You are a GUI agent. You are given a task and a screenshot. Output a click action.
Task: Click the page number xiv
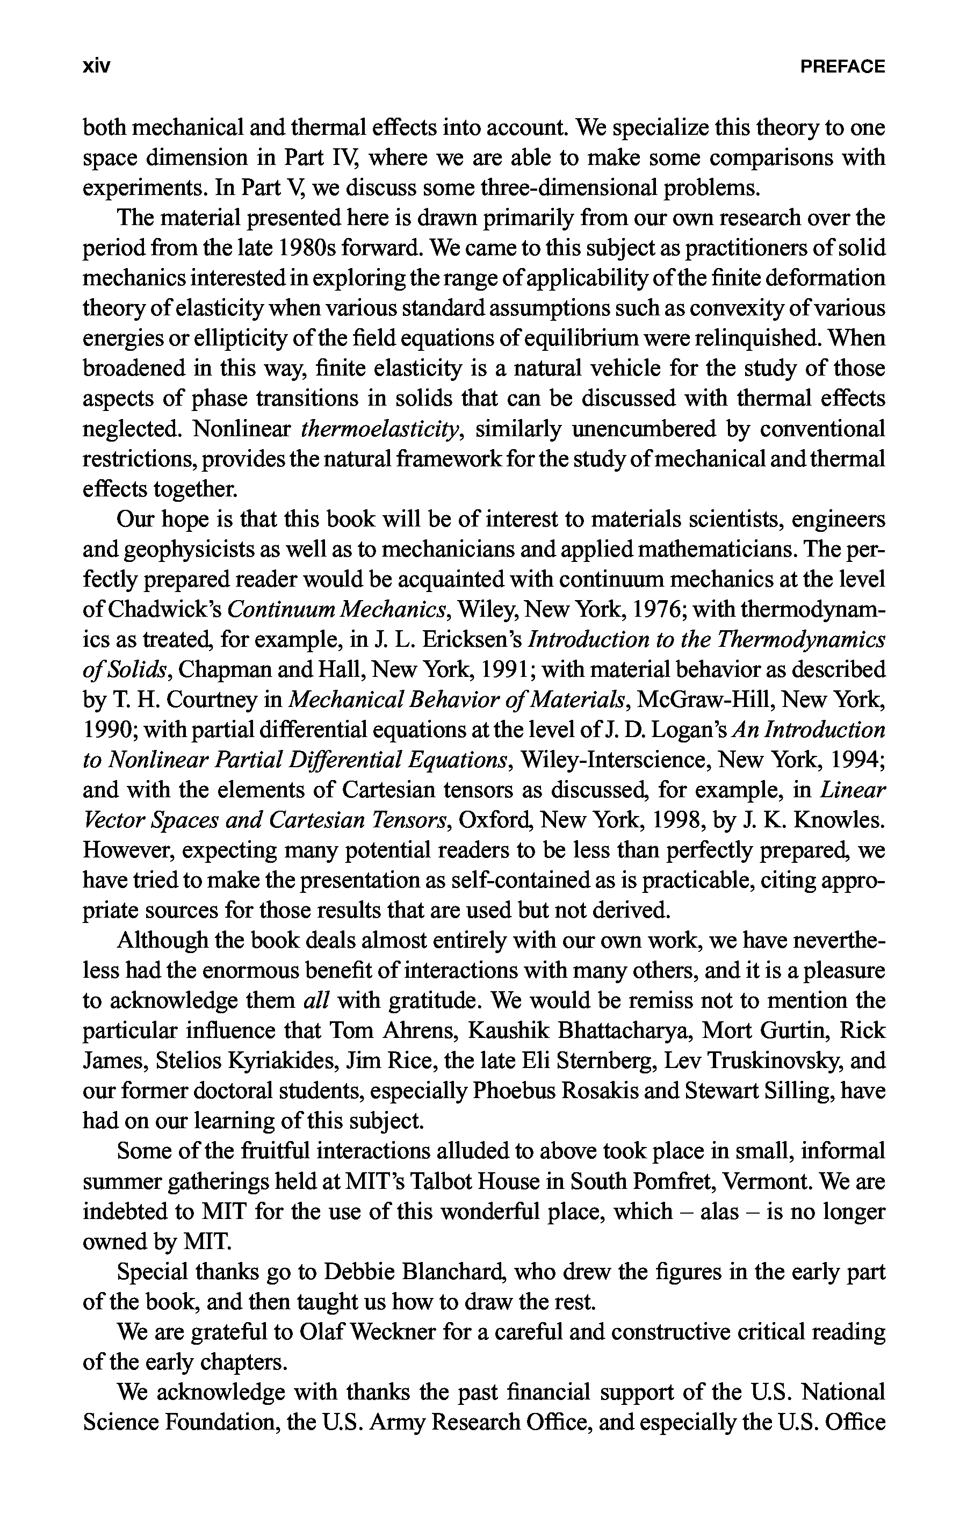pos(96,67)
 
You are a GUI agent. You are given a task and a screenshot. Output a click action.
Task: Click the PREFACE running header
pos(842,67)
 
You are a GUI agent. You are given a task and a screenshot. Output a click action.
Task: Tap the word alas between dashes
pos(719,1213)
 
